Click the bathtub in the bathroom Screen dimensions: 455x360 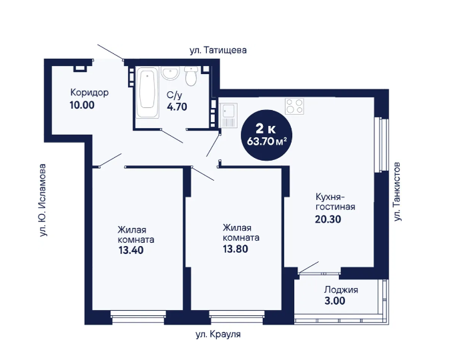click(147, 92)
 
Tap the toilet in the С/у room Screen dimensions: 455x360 click(191, 76)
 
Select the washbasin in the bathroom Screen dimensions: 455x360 click(170, 73)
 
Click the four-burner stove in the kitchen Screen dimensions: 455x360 click(294, 106)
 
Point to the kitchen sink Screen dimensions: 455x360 click(228, 115)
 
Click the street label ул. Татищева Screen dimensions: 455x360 click(218, 50)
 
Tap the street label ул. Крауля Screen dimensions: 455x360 click(218, 334)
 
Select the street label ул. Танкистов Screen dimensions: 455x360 click(397, 192)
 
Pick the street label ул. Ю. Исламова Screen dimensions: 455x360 click(43, 200)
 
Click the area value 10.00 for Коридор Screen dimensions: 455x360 click(82, 105)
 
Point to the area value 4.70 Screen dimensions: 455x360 click(177, 107)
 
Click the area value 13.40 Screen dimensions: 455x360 click(131, 250)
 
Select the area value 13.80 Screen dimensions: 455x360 click(236, 249)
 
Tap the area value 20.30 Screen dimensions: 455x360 click(328, 219)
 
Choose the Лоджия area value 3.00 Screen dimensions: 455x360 click(335, 301)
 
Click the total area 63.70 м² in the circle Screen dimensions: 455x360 click(267, 141)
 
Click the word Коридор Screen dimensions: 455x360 click(89, 93)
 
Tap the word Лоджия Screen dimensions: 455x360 click(341, 290)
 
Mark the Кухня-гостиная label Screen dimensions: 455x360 click(335, 202)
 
